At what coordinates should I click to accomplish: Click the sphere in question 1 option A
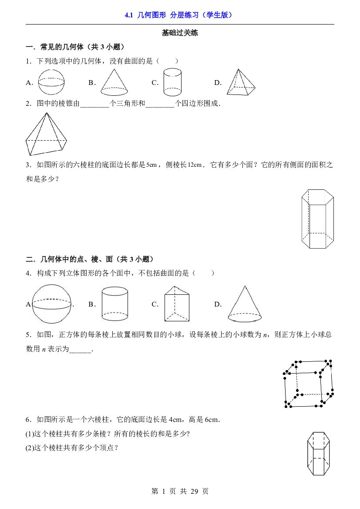tap(51, 82)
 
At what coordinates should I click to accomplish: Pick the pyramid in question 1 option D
tap(241, 82)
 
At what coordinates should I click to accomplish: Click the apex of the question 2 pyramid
tap(47, 113)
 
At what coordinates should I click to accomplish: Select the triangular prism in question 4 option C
tap(177, 304)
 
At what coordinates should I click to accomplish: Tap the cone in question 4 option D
tap(245, 304)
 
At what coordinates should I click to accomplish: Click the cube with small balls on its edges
tap(308, 384)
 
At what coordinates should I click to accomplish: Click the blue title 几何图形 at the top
tap(151, 15)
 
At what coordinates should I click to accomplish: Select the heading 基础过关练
tap(180, 33)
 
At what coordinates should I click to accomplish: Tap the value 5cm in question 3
tap(151, 165)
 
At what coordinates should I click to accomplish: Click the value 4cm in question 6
tap(175, 419)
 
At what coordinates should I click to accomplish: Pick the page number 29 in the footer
tap(194, 492)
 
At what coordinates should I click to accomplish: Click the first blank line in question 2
tap(94, 107)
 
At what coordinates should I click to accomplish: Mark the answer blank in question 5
tap(81, 351)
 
